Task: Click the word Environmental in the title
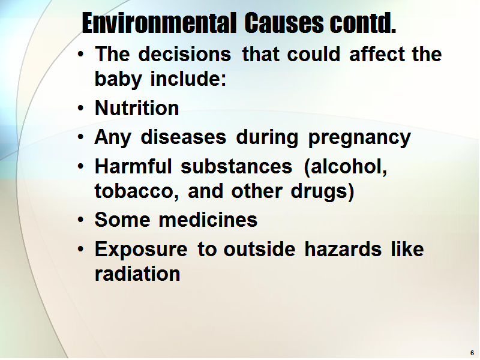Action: coord(159,23)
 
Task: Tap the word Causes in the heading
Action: coord(284,23)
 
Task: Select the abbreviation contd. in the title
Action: coord(363,23)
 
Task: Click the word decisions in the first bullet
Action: coord(185,54)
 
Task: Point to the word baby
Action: coord(118,79)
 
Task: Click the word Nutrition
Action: coord(137,108)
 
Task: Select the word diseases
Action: coord(184,137)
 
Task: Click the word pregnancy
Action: coord(359,138)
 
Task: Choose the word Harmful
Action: coord(133,166)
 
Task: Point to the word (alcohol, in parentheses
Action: coord(346,167)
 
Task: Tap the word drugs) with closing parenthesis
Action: coord(322,192)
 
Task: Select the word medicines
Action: coord(208,220)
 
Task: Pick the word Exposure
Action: coord(141,250)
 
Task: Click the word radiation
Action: coord(137,274)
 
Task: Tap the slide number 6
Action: coord(472,353)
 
